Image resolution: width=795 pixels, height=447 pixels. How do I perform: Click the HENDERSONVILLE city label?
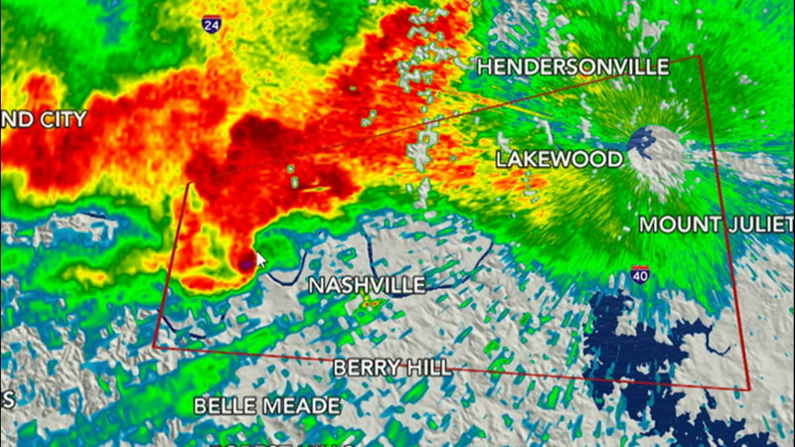tap(573, 68)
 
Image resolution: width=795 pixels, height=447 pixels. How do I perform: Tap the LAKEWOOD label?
tap(559, 159)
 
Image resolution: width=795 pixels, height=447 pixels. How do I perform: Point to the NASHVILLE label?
tap(367, 285)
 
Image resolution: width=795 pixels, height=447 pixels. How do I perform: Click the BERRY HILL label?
tap(392, 368)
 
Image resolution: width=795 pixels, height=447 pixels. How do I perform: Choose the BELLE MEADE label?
tap(266, 405)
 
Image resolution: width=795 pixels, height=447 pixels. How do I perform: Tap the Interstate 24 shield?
tap(211, 24)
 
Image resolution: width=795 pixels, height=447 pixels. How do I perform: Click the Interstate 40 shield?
tap(640, 275)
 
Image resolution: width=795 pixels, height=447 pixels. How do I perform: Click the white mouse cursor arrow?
tap(261, 260)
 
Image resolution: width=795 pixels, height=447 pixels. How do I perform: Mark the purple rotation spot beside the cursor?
tap(245, 262)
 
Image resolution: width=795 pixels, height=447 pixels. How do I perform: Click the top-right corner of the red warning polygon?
tap(702, 56)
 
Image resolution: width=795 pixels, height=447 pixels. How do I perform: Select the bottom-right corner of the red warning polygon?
tap(748, 390)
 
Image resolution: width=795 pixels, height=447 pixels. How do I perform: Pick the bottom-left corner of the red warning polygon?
tap(154, 347)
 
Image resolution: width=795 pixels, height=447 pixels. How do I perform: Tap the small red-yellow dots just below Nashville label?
tap(371, 304)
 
